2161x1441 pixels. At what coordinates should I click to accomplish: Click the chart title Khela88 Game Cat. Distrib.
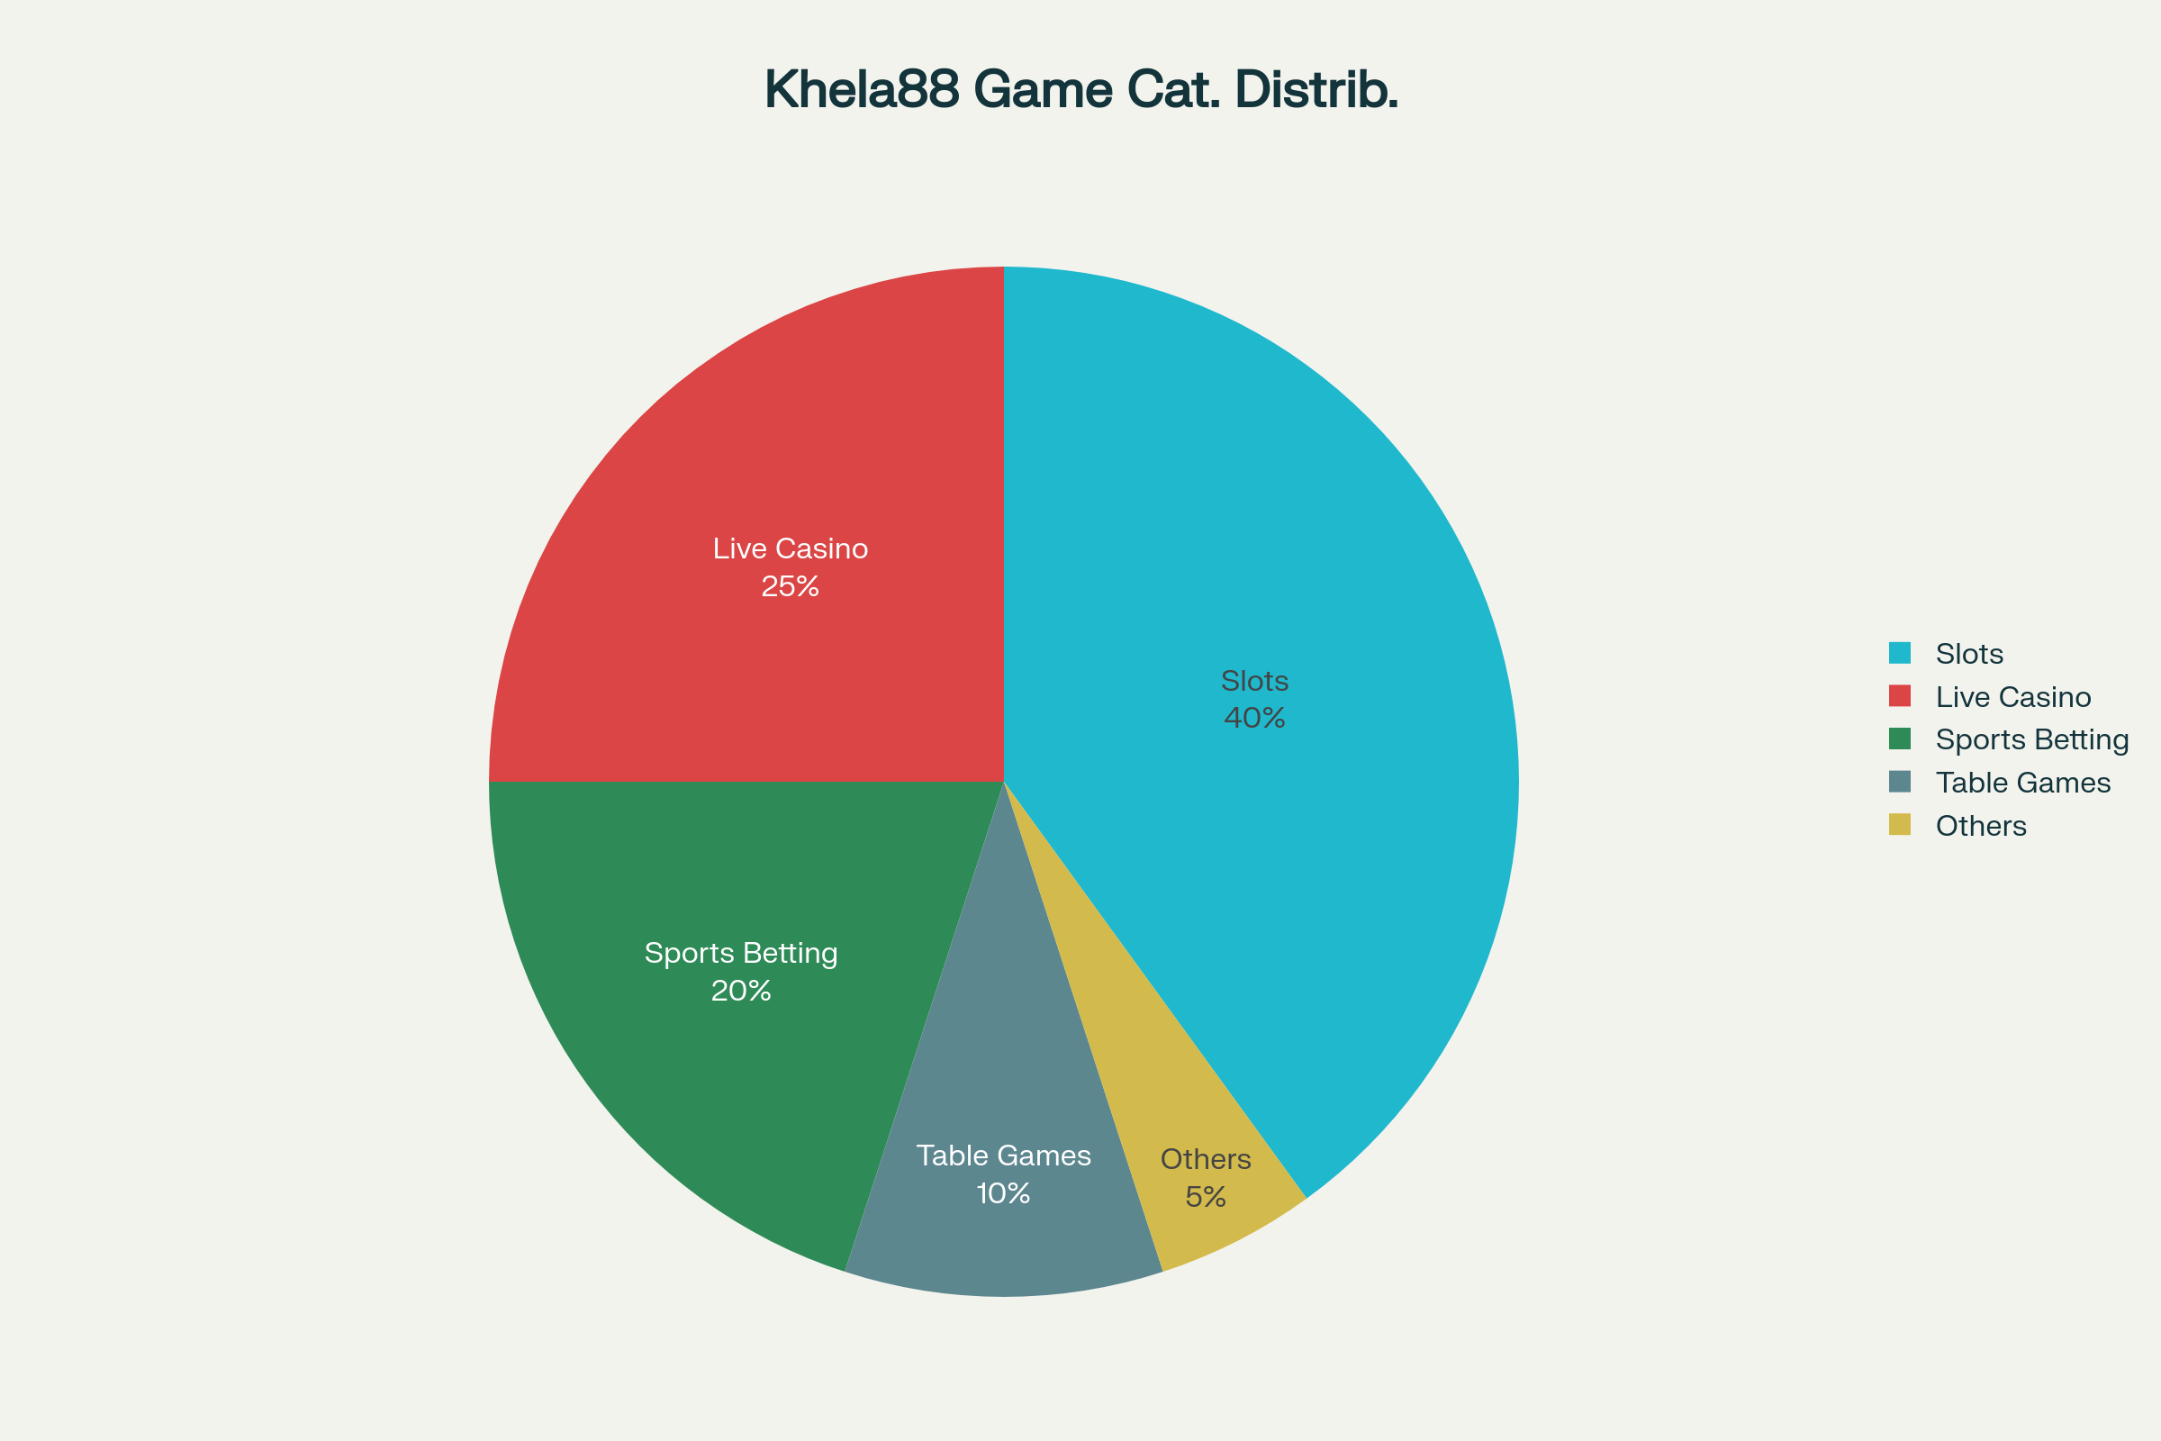(1080, 90)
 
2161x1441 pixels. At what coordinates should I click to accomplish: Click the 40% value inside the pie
(1254, 718)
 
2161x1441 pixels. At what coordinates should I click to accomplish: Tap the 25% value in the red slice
(791, 586)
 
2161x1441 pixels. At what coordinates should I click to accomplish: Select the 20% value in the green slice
(740, 991)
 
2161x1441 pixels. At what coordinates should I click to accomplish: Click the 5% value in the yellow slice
(1206, 1198)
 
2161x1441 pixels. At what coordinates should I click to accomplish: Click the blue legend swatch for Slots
(1899, 652)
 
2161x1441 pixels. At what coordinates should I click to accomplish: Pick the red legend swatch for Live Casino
(1899, 695)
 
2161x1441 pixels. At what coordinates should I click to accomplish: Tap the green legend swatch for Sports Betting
(1899, 739)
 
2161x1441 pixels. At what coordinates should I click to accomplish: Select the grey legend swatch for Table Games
(1899, 781)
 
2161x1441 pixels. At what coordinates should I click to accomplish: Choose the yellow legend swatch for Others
(1899, 824)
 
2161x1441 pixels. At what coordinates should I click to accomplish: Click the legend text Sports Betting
(2031, 739)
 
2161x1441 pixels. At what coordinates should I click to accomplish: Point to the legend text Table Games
(2022, 783)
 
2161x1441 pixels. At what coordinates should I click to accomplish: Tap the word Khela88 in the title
(862, 90)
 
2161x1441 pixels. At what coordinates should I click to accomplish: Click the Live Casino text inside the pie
(791, 548)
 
